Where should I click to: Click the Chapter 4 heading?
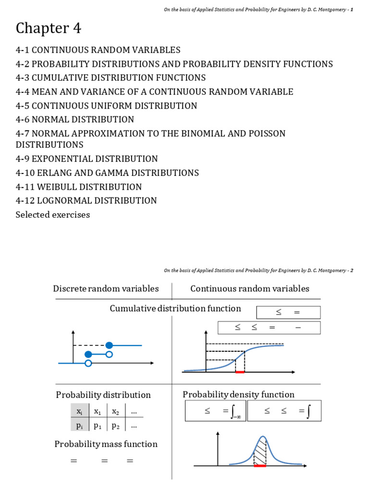pos(49,29)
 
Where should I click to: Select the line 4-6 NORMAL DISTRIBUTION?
pos(75,120)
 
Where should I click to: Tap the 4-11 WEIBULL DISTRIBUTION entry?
pos(79,187)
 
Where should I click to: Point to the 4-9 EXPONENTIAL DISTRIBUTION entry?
pos(86,159)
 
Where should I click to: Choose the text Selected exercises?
pos(53,215)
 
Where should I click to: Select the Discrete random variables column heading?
pos(106,289)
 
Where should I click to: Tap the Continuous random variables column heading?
pos(250,289)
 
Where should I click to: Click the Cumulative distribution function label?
pos(175,308)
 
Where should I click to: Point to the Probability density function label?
pos(238,394)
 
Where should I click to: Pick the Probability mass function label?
pos(106,444)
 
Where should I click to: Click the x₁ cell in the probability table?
pos(98,412)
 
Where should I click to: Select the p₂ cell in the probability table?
pos(116,425)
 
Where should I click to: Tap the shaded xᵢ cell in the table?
pos(79,412)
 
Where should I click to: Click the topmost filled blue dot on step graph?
pos(109,345)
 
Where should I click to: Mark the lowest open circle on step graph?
pos(88,363)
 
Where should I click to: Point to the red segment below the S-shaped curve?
pos(240,372)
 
